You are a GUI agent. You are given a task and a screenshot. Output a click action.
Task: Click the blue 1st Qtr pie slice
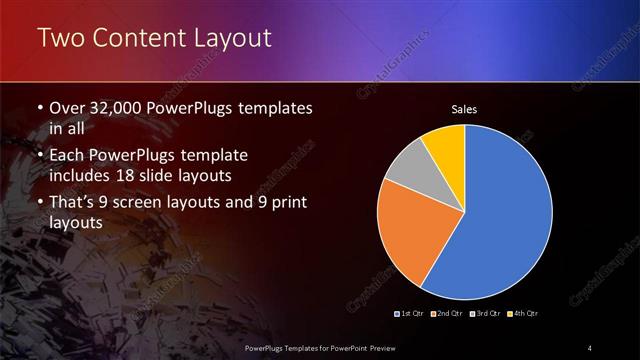[505, 215]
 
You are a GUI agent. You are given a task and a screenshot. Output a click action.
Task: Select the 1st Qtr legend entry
[411, 314]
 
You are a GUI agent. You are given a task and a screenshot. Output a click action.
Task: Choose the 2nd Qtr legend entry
[446, 314]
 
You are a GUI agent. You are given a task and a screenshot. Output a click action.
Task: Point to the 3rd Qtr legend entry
[486, 314]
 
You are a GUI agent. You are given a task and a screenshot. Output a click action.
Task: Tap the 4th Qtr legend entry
[524, 314]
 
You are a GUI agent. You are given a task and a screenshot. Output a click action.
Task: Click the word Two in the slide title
[58, 39]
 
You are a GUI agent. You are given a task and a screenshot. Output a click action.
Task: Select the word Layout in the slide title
[230, 39]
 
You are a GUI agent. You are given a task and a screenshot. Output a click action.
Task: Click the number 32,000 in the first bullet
[114, 108]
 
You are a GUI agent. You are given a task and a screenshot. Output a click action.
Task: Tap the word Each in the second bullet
[67, 156]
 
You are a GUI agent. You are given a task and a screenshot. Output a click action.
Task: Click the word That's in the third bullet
[73, 204]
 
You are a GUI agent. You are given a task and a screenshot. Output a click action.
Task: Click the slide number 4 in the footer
[590, 347]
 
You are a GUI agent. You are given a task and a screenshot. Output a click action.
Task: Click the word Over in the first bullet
[69, 108]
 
